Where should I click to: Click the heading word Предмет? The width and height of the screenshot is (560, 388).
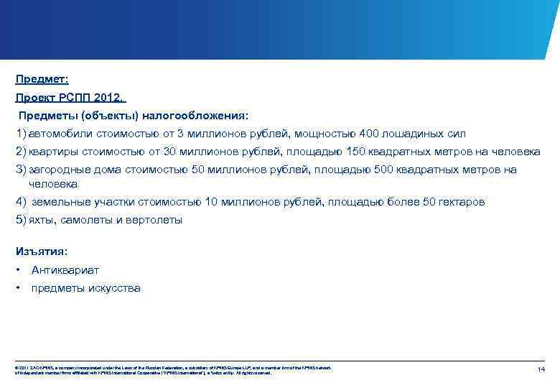pos(42,80)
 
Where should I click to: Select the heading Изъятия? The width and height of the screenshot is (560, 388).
pos(42,251)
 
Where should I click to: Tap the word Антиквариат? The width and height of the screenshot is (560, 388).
pos(65,270)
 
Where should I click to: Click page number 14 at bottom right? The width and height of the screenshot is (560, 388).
pos(541,369)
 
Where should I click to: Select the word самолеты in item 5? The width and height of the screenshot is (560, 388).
pos(89,220)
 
